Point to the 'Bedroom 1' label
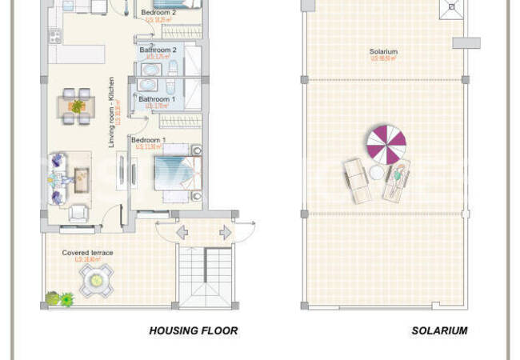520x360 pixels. coord(148,140)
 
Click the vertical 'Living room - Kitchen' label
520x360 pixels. coord(113,112)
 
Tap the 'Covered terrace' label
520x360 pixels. coord(88,253)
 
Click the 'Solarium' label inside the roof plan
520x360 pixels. coord(383,52)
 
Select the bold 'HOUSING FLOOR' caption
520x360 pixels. coord(194,330)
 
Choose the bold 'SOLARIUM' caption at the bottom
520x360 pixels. coord(439,330)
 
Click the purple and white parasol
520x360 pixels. coord(386,145)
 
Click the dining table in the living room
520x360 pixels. coord(78,106)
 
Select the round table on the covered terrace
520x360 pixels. coord(96,280)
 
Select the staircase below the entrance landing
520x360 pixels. coord(206,278)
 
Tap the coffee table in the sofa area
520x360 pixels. coord(83,176)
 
